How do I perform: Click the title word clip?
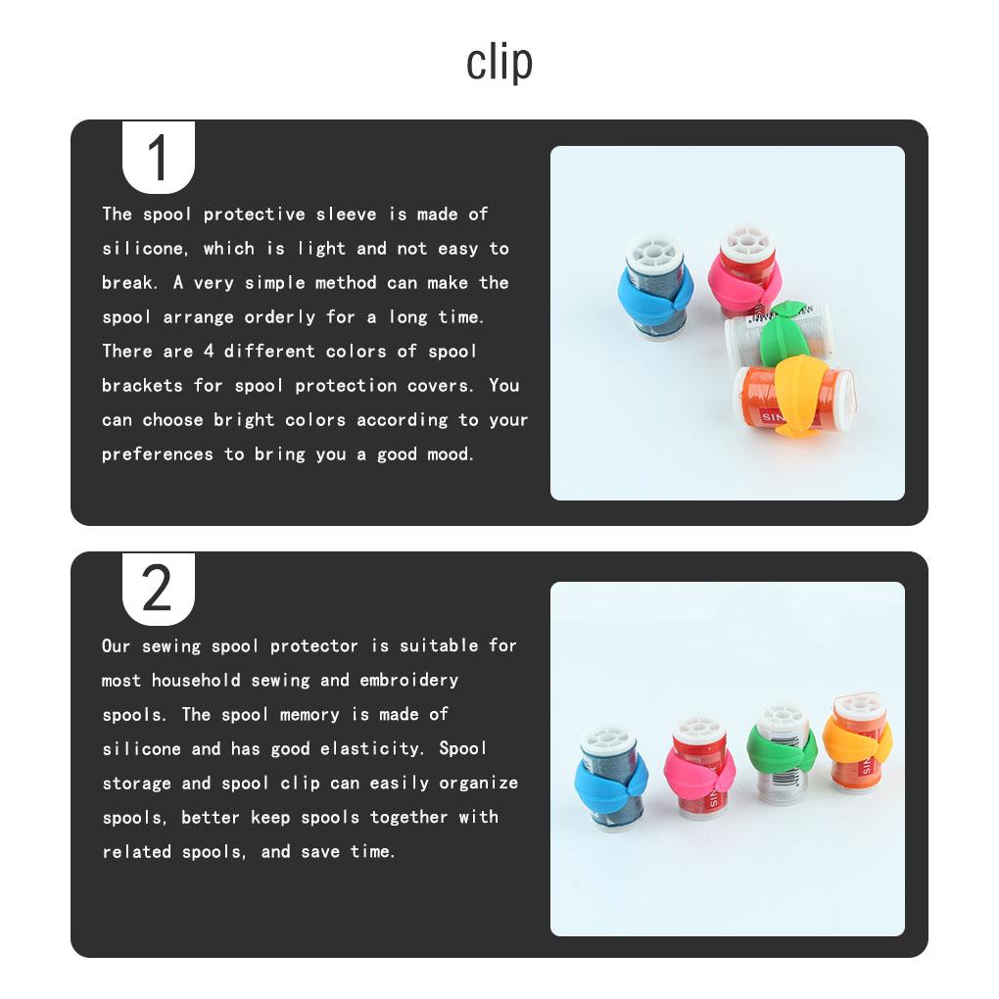coord(499,64)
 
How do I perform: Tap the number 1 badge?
coord(158,159)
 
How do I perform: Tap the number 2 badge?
coord(158,589)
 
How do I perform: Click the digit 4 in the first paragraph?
coord(210,352)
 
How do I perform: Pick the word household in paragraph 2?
coord(196,680)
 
